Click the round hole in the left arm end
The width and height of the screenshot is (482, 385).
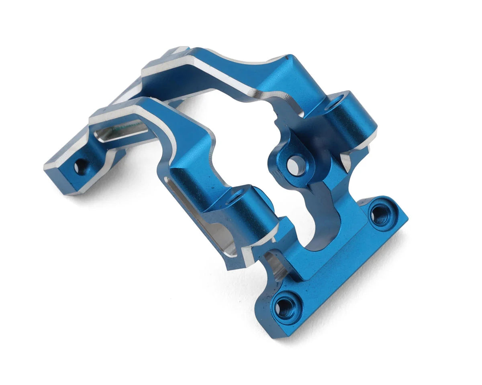click(81, 166)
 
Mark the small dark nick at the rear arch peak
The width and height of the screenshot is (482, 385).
click(286, 58)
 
